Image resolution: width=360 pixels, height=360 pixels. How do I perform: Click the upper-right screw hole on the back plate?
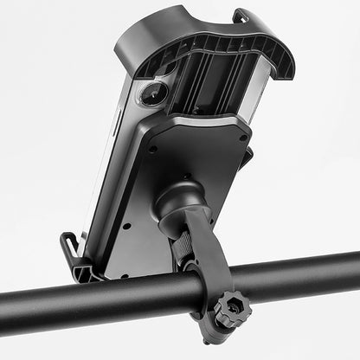pos(243,137)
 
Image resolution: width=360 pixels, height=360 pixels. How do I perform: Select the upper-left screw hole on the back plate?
pos(153,149)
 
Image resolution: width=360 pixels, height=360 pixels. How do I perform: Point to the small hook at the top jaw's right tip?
pos(241,16)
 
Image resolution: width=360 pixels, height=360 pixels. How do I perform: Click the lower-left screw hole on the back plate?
pos(126,227)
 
